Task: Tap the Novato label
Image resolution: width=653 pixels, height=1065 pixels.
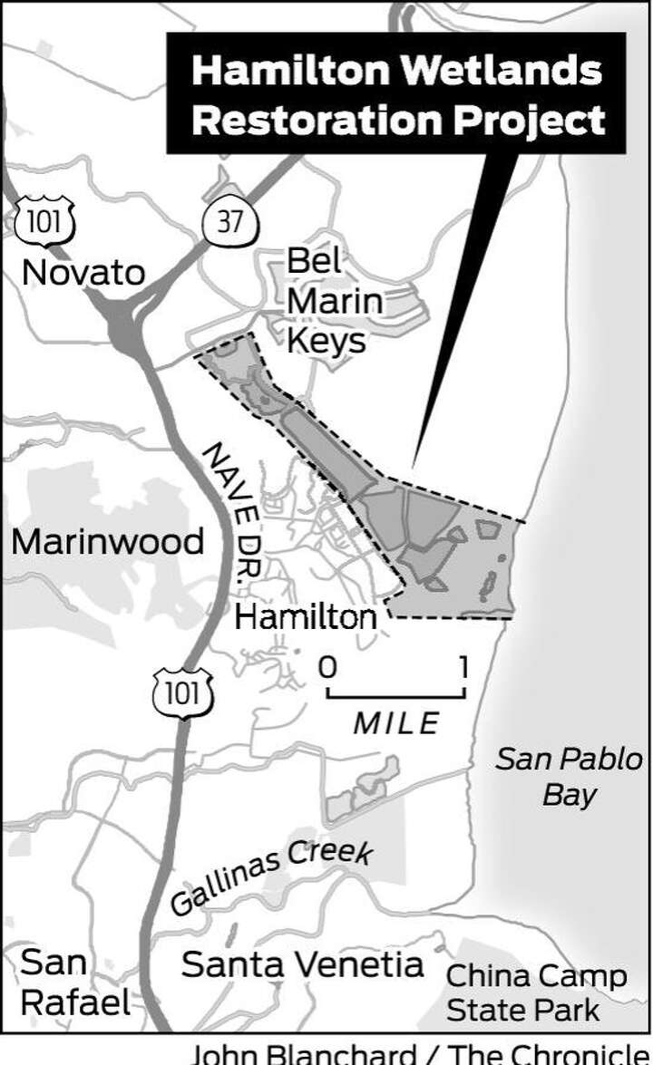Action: pyautogui.click(x=83, y=271)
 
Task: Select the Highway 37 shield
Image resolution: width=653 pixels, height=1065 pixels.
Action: pyautogui.click(x=230, y=222)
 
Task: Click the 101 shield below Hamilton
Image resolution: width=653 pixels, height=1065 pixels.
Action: pyautogui.click(x=182, y=693)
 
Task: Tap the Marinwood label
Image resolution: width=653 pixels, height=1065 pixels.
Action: pyautogui.click(x=107, y=541)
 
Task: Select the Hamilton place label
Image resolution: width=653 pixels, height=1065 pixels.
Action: pyautogui.click(x=305, y=618)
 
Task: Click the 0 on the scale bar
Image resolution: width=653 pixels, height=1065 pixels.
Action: pyautogui.click(x=326, y=668)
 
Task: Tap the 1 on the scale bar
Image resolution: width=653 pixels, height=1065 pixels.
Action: pyautogui.click(x=463, y=668)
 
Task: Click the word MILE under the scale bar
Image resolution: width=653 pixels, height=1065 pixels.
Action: pyautogui.click(x=396, y=722)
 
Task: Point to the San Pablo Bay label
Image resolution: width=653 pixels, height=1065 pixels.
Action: pyautogui.click(x=569, y=776)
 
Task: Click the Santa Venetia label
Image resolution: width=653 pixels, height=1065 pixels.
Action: pyautogui.click(x=302, y=964)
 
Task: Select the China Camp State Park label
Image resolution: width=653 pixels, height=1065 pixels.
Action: pyautogui.click(x=536, y=992)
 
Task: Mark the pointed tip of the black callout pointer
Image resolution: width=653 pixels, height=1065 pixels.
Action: pyautogui.click(x=414, y=466)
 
